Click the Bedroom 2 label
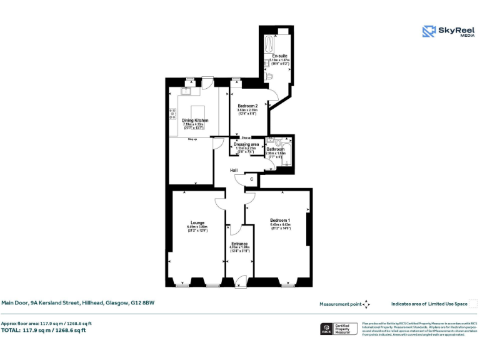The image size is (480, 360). (247, 106)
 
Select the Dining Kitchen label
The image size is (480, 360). (194, 120)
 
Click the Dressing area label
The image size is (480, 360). (246, 144)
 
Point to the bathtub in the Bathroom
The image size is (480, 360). (287, 152)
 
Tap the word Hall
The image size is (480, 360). (234, 171)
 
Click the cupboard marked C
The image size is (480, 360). (252, 179)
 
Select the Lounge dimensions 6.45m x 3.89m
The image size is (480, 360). (197, 227)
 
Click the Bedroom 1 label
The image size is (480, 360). (280, 220)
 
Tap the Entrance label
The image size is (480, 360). (239, 244)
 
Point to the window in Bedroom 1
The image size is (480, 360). (287, 285)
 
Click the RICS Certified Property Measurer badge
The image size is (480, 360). (337, 329)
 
